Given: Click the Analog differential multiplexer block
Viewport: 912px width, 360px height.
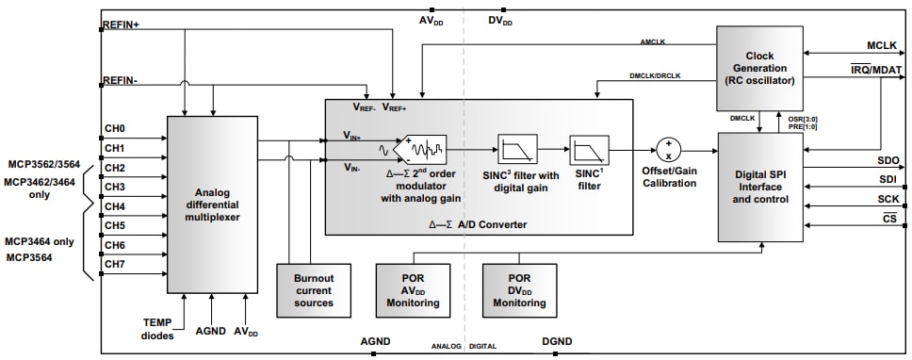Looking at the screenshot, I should click(212, 204).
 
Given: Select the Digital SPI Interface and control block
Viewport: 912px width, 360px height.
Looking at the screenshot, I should click(760, 187).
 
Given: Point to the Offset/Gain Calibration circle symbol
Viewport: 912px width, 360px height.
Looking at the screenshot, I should click(669, 149).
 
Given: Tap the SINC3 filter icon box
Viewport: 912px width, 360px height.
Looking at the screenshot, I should click(516, 150).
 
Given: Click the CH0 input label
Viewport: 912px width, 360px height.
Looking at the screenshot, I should click(115, 129).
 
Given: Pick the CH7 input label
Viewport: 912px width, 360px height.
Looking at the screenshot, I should click(115, 265).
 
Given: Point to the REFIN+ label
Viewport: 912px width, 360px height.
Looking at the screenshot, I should click(121, 25).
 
